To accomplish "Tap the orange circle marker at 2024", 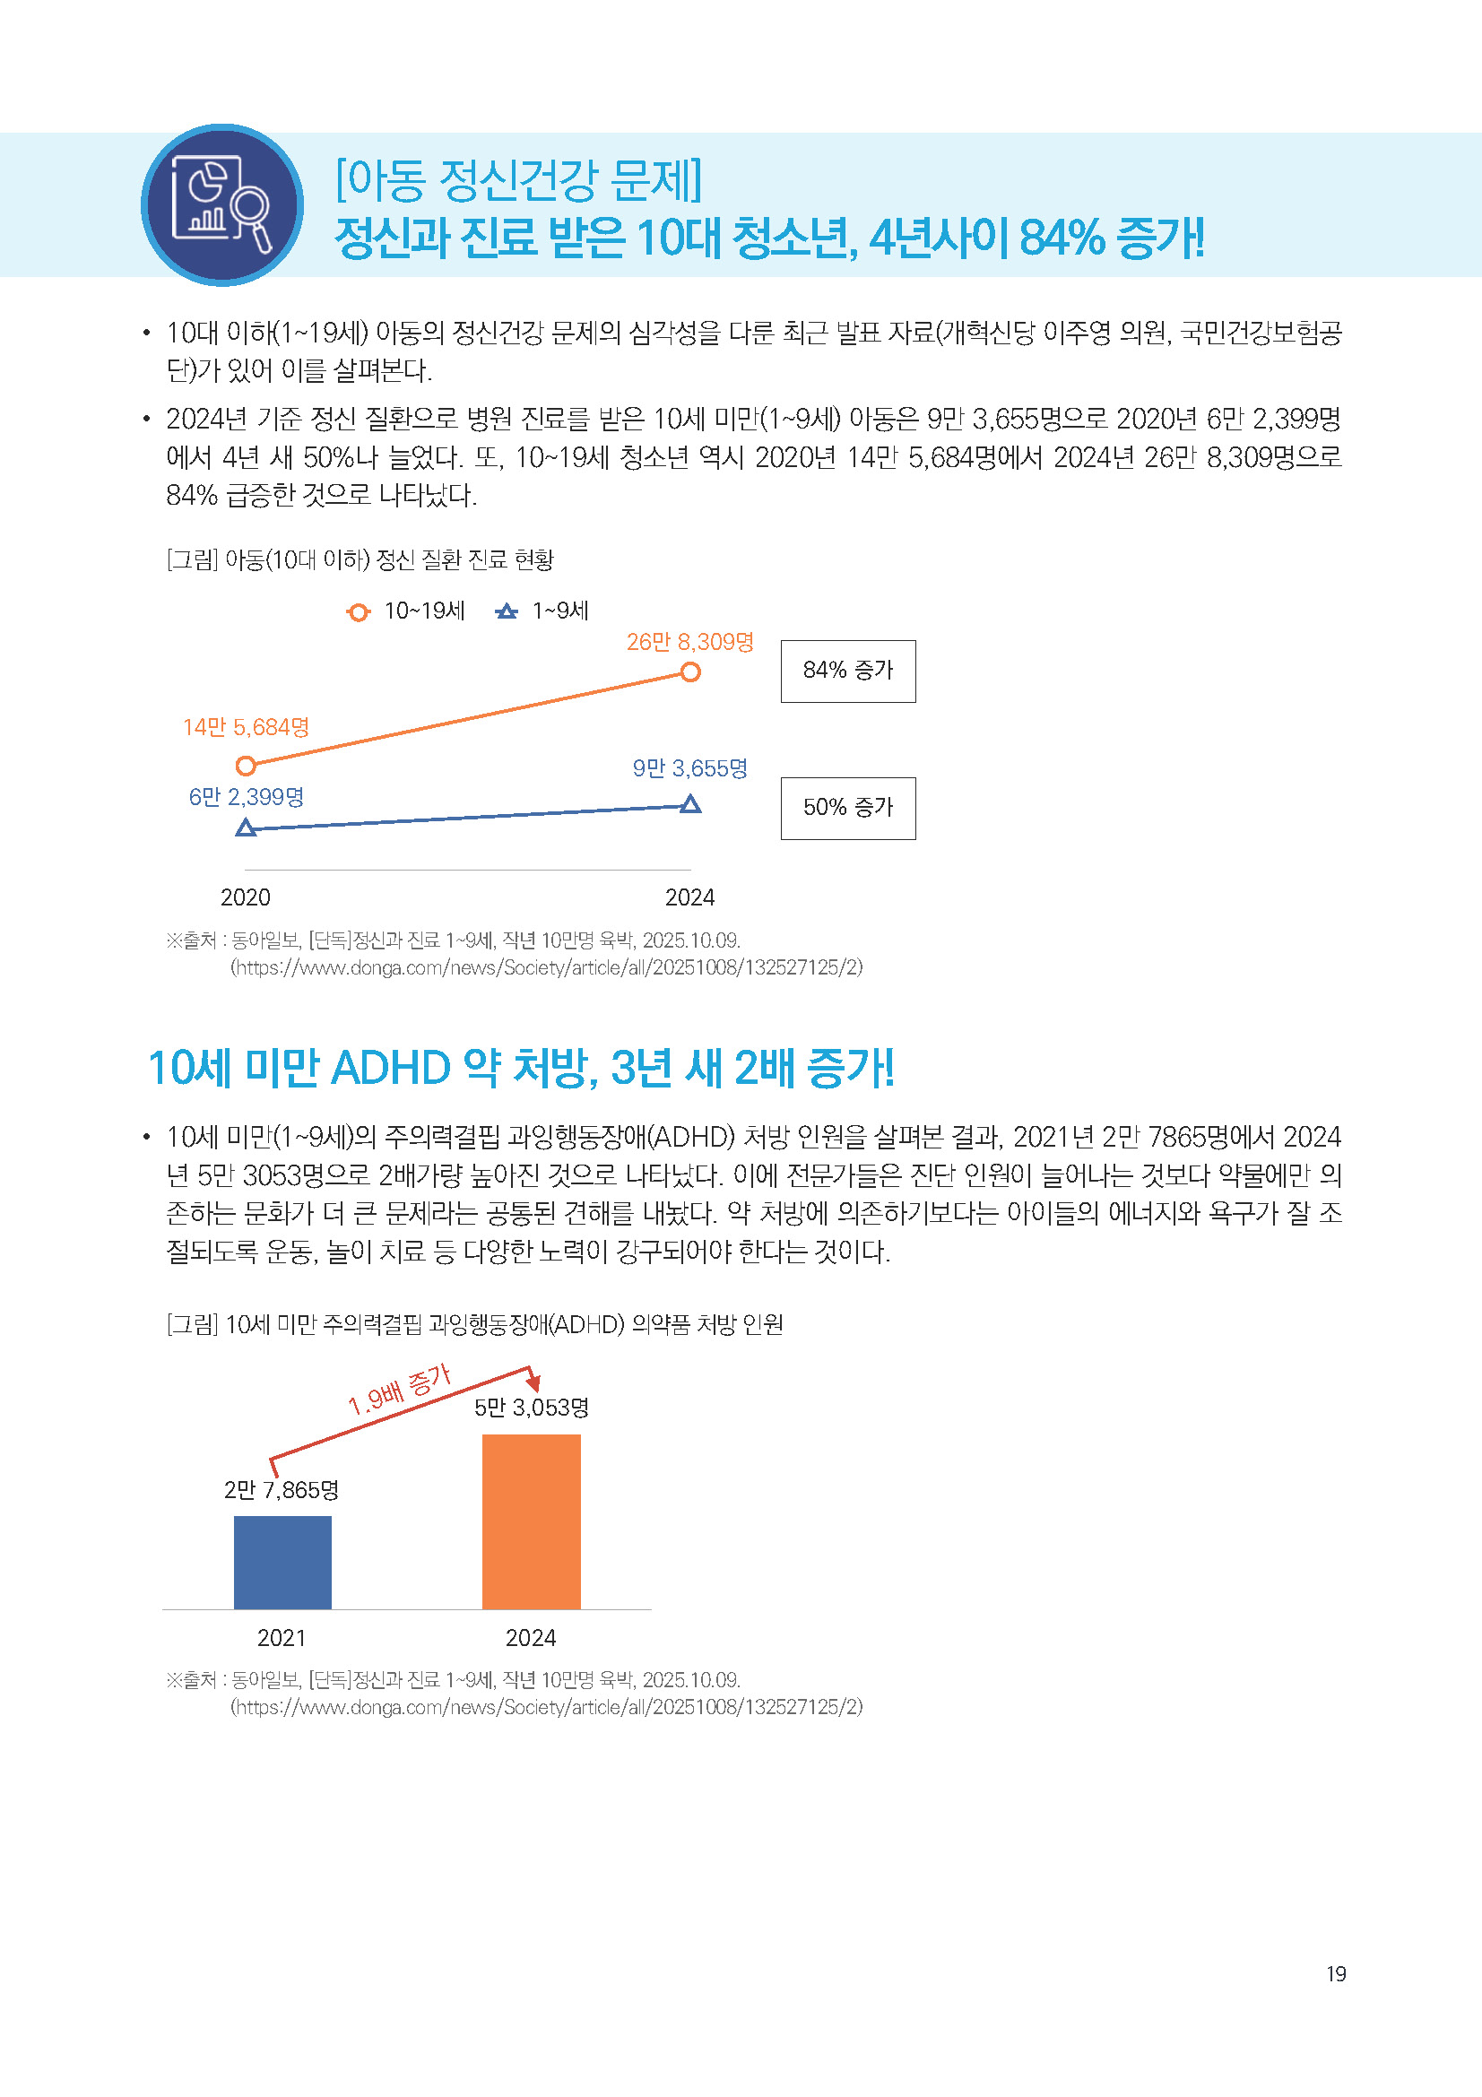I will [690, 672].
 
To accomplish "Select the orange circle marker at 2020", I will [246, 766].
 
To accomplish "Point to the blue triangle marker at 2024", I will [691, 803].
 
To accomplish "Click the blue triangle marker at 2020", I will [246, 828].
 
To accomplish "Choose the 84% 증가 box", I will [847, 672].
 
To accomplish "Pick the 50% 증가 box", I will [847, 809].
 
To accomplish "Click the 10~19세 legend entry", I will [406, 611].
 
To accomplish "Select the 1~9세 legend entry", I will [542, 611].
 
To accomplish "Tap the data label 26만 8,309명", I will [689, 642].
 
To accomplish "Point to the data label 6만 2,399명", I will [246, 797].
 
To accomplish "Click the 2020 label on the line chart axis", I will [246, 897].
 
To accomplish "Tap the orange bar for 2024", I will [531, 1521].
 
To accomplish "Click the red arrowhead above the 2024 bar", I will [533, 1382].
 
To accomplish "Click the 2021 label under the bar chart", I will [282, 1638].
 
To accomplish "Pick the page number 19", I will [1336, 1974].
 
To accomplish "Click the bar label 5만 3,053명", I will [531, 1408].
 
